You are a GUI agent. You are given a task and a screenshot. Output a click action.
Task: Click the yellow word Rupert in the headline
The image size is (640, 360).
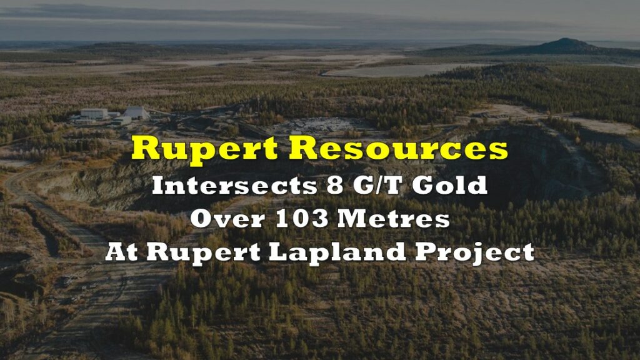coord(204,149)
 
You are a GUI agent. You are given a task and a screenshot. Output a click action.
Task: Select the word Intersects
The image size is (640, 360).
coord(235,186)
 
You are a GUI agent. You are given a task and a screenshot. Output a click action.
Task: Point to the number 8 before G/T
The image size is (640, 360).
coord(335,186)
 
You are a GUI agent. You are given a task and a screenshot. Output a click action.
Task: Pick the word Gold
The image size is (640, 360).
coord(450,186)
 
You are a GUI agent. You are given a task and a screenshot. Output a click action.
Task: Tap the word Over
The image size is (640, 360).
coord(227,219)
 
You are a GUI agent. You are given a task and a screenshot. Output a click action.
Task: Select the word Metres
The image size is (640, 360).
coord(394,219)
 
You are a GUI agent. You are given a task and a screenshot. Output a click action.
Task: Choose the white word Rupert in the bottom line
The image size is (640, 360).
coord(203,253)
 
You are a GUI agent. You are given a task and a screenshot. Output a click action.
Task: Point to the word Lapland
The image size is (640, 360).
coord(337,253)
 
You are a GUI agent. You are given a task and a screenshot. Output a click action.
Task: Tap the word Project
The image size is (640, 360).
coord(475,253)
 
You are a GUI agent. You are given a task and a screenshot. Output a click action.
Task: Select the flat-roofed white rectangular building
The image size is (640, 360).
coord(94,114)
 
